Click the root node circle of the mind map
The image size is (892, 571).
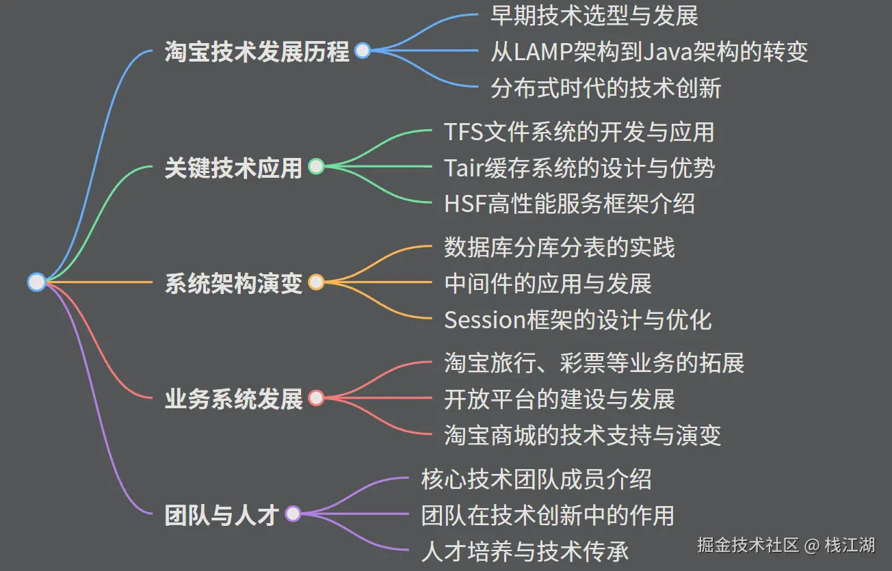37,282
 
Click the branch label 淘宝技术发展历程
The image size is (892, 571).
257,51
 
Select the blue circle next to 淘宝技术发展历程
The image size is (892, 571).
363,51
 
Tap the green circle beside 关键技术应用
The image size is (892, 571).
316,166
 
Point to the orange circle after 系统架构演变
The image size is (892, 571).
316,282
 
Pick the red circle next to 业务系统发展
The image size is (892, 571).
316,397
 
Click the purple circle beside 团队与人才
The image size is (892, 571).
293,514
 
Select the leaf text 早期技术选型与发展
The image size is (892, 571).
594,15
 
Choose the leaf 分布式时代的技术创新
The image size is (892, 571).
605,88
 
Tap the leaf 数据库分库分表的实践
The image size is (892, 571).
559,247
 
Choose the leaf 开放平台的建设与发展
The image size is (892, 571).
559,399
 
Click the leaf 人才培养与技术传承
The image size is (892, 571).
525,550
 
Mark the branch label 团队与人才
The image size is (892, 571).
222,514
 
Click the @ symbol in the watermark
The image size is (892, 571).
811,546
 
